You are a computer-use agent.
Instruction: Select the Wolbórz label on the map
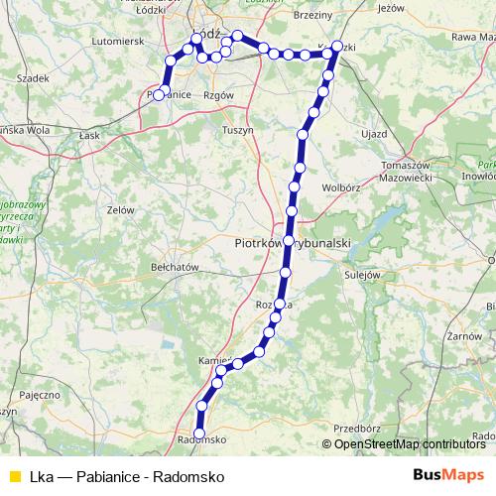coord(342,186)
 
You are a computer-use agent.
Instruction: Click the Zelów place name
coord(121,209)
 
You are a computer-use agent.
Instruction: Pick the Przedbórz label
coord(357,429)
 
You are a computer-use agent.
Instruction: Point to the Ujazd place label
coord(373,132)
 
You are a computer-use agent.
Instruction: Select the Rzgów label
coord(216,95)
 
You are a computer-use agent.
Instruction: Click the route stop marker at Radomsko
coord(199,434)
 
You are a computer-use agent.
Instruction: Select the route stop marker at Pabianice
coord(159,94)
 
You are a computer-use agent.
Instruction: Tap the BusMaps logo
coord(449,475)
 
